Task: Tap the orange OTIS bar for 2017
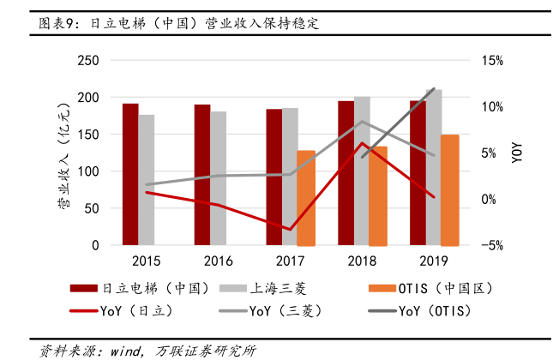point(306,198)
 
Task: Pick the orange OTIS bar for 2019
point(450,189)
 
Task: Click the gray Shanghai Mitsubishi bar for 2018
point(362,171)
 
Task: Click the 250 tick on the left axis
point(88,61)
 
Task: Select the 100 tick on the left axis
point(88,171)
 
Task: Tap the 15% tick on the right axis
point(492,61)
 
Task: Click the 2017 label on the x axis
point(291,261)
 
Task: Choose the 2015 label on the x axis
point(147,261)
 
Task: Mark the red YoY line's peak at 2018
point(363,143)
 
